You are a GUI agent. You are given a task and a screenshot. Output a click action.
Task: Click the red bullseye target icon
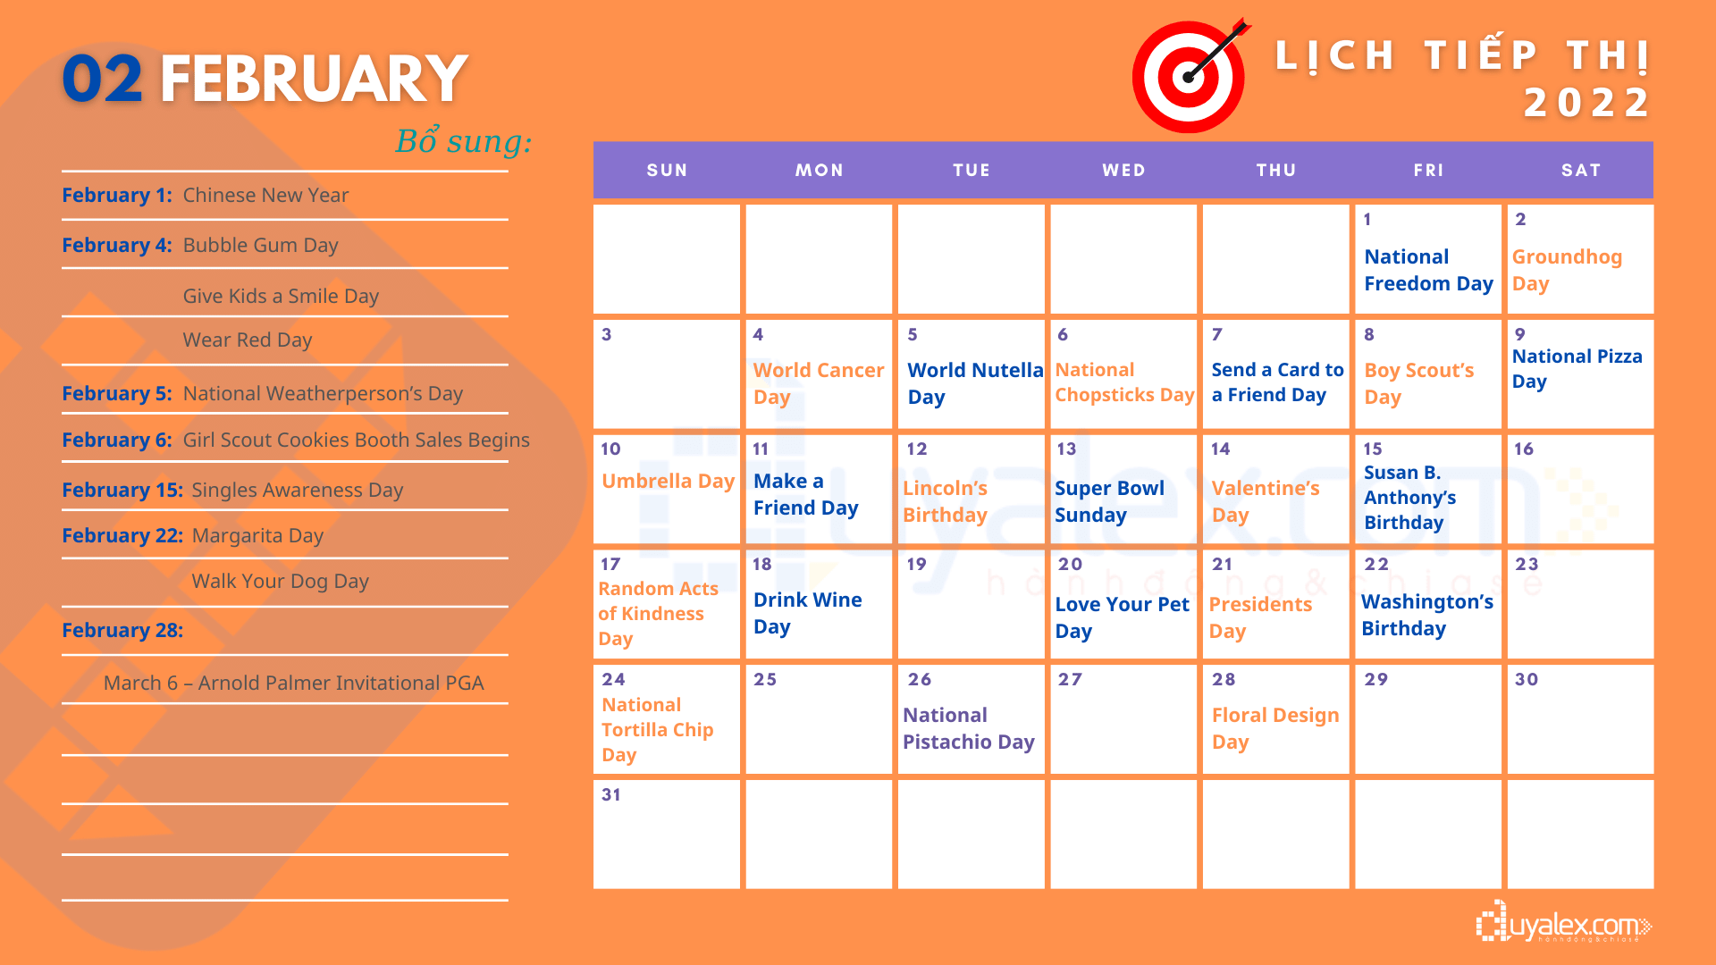pos(1189,76)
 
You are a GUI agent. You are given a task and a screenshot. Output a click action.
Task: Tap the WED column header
pos(1123,170)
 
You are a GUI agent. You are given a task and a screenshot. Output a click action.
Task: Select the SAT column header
pos(1580,170)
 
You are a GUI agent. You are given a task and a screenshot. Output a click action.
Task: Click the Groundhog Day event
pos(1567,270)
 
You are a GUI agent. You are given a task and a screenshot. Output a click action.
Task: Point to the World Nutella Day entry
pos(975,383)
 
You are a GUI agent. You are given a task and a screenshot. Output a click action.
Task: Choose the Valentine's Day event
pos(1266,501)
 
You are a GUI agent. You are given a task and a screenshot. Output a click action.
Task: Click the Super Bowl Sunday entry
pos(1109,501)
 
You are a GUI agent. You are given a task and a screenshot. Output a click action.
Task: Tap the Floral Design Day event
pos(1275,728)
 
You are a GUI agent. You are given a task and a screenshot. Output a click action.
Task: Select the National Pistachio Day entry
pos(969,728)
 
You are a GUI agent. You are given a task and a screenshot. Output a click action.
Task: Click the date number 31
pos(611,794)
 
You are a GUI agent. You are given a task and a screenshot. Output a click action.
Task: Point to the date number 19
pos(916,564)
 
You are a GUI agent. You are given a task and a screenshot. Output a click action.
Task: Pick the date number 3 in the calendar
pos(607,334)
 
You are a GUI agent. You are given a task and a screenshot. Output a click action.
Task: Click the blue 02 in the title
pos(102,79)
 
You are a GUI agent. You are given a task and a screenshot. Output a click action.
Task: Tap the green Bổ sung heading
pos(463,140)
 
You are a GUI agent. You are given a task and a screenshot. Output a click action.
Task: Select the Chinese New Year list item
pos(265,195)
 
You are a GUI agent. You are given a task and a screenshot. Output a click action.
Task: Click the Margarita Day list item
pos(257,535)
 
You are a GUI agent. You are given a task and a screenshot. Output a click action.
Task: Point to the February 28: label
pos(122,630)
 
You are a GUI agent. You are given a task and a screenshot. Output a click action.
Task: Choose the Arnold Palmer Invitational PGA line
pos(293,683)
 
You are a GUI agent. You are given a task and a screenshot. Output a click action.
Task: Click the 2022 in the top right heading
pos(1587,102)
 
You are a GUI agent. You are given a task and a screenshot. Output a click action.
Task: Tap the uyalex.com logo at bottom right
pos(1564,923)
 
